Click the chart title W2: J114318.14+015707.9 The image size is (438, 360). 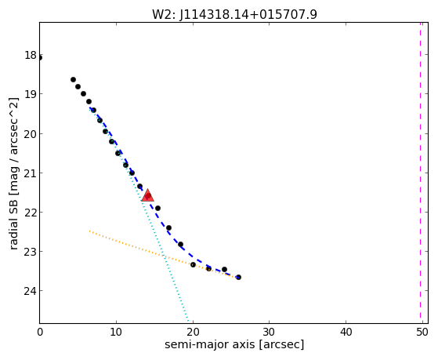tap(234, 15)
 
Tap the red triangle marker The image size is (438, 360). tap(147, 195)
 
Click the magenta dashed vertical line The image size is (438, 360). tap(420, 173)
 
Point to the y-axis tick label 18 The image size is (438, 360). tap(31, 55)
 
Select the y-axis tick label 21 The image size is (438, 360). tap(31, 173)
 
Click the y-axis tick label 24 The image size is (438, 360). tap(31, 291)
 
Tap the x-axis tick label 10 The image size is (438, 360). tap(116, 332)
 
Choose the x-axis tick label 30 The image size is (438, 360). tap(269, 332)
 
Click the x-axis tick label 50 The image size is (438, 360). tap(422, 332)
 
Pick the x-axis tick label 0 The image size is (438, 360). tap(40, 332)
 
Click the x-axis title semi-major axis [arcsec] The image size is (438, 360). tap(234, 344)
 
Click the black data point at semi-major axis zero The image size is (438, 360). tap(40, 58)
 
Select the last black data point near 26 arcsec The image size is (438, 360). tap(238, 277)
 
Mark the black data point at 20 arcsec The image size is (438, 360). tap(193, 264)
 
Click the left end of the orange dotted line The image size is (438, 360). tap(89, 231)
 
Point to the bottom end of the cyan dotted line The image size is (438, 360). tap(188, 321)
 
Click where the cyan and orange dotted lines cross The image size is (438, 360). tap(165, 256)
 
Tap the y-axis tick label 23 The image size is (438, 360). tap(31, 252)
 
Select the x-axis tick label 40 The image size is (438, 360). tap(346, 332)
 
